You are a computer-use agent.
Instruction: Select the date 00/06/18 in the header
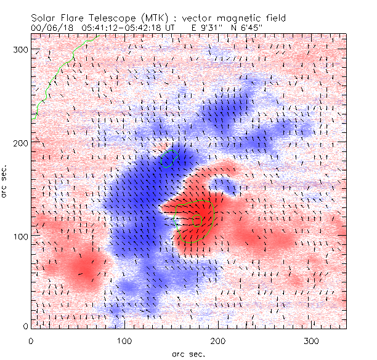pos(49,28)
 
